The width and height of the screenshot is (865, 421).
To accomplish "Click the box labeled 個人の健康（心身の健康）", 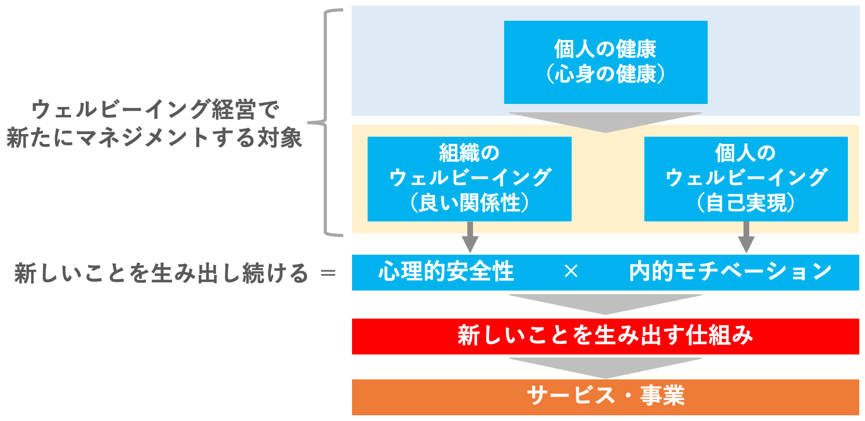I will pyautogui.click(x=605, y=62).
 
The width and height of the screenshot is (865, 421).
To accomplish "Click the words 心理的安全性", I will pyautogui.click(x=446, y=272).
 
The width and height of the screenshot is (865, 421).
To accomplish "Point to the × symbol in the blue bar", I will pyautogui.click(x=571, y=271).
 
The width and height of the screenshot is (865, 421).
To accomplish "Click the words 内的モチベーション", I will pyautogui.click(x=730, y=272).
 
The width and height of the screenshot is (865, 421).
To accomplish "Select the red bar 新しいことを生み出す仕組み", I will pyautogui.click(x=605, y=336).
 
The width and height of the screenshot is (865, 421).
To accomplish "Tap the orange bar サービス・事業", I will pyautogui.click(x=605, y=396).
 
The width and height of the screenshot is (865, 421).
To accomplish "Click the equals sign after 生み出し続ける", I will pyautogui.click(x=328, y=273).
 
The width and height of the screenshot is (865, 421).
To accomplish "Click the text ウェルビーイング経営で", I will pyautogui.click(x=155, y=110).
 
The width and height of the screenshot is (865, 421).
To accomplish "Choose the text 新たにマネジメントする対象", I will pyautogui.click(x=154, y=138).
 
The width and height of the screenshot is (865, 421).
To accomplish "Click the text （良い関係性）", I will pyautogui.click(x=469, y=203).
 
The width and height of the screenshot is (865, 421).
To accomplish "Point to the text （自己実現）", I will pyautogui.click(x=746, y=203).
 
